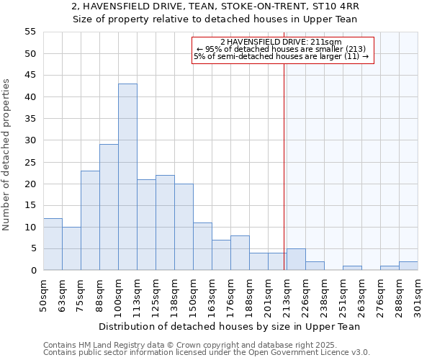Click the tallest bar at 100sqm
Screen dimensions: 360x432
(127, 177)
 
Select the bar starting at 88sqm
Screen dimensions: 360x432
(109, 207)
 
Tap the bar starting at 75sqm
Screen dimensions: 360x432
(90, 220)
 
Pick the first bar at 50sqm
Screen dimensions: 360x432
(53, 244)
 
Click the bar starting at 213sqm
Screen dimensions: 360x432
(296, 259)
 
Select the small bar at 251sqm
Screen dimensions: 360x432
(352, 268)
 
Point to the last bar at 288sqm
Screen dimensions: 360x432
(408, 266)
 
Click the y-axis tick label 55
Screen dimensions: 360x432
(30, 32)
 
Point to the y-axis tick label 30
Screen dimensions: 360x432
(30, 140)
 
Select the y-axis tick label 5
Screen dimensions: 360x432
(32, 248)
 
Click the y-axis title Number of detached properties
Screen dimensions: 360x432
(7, 155)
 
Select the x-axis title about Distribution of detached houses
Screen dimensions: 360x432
(229, 327)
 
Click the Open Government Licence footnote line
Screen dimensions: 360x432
(207, 353)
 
